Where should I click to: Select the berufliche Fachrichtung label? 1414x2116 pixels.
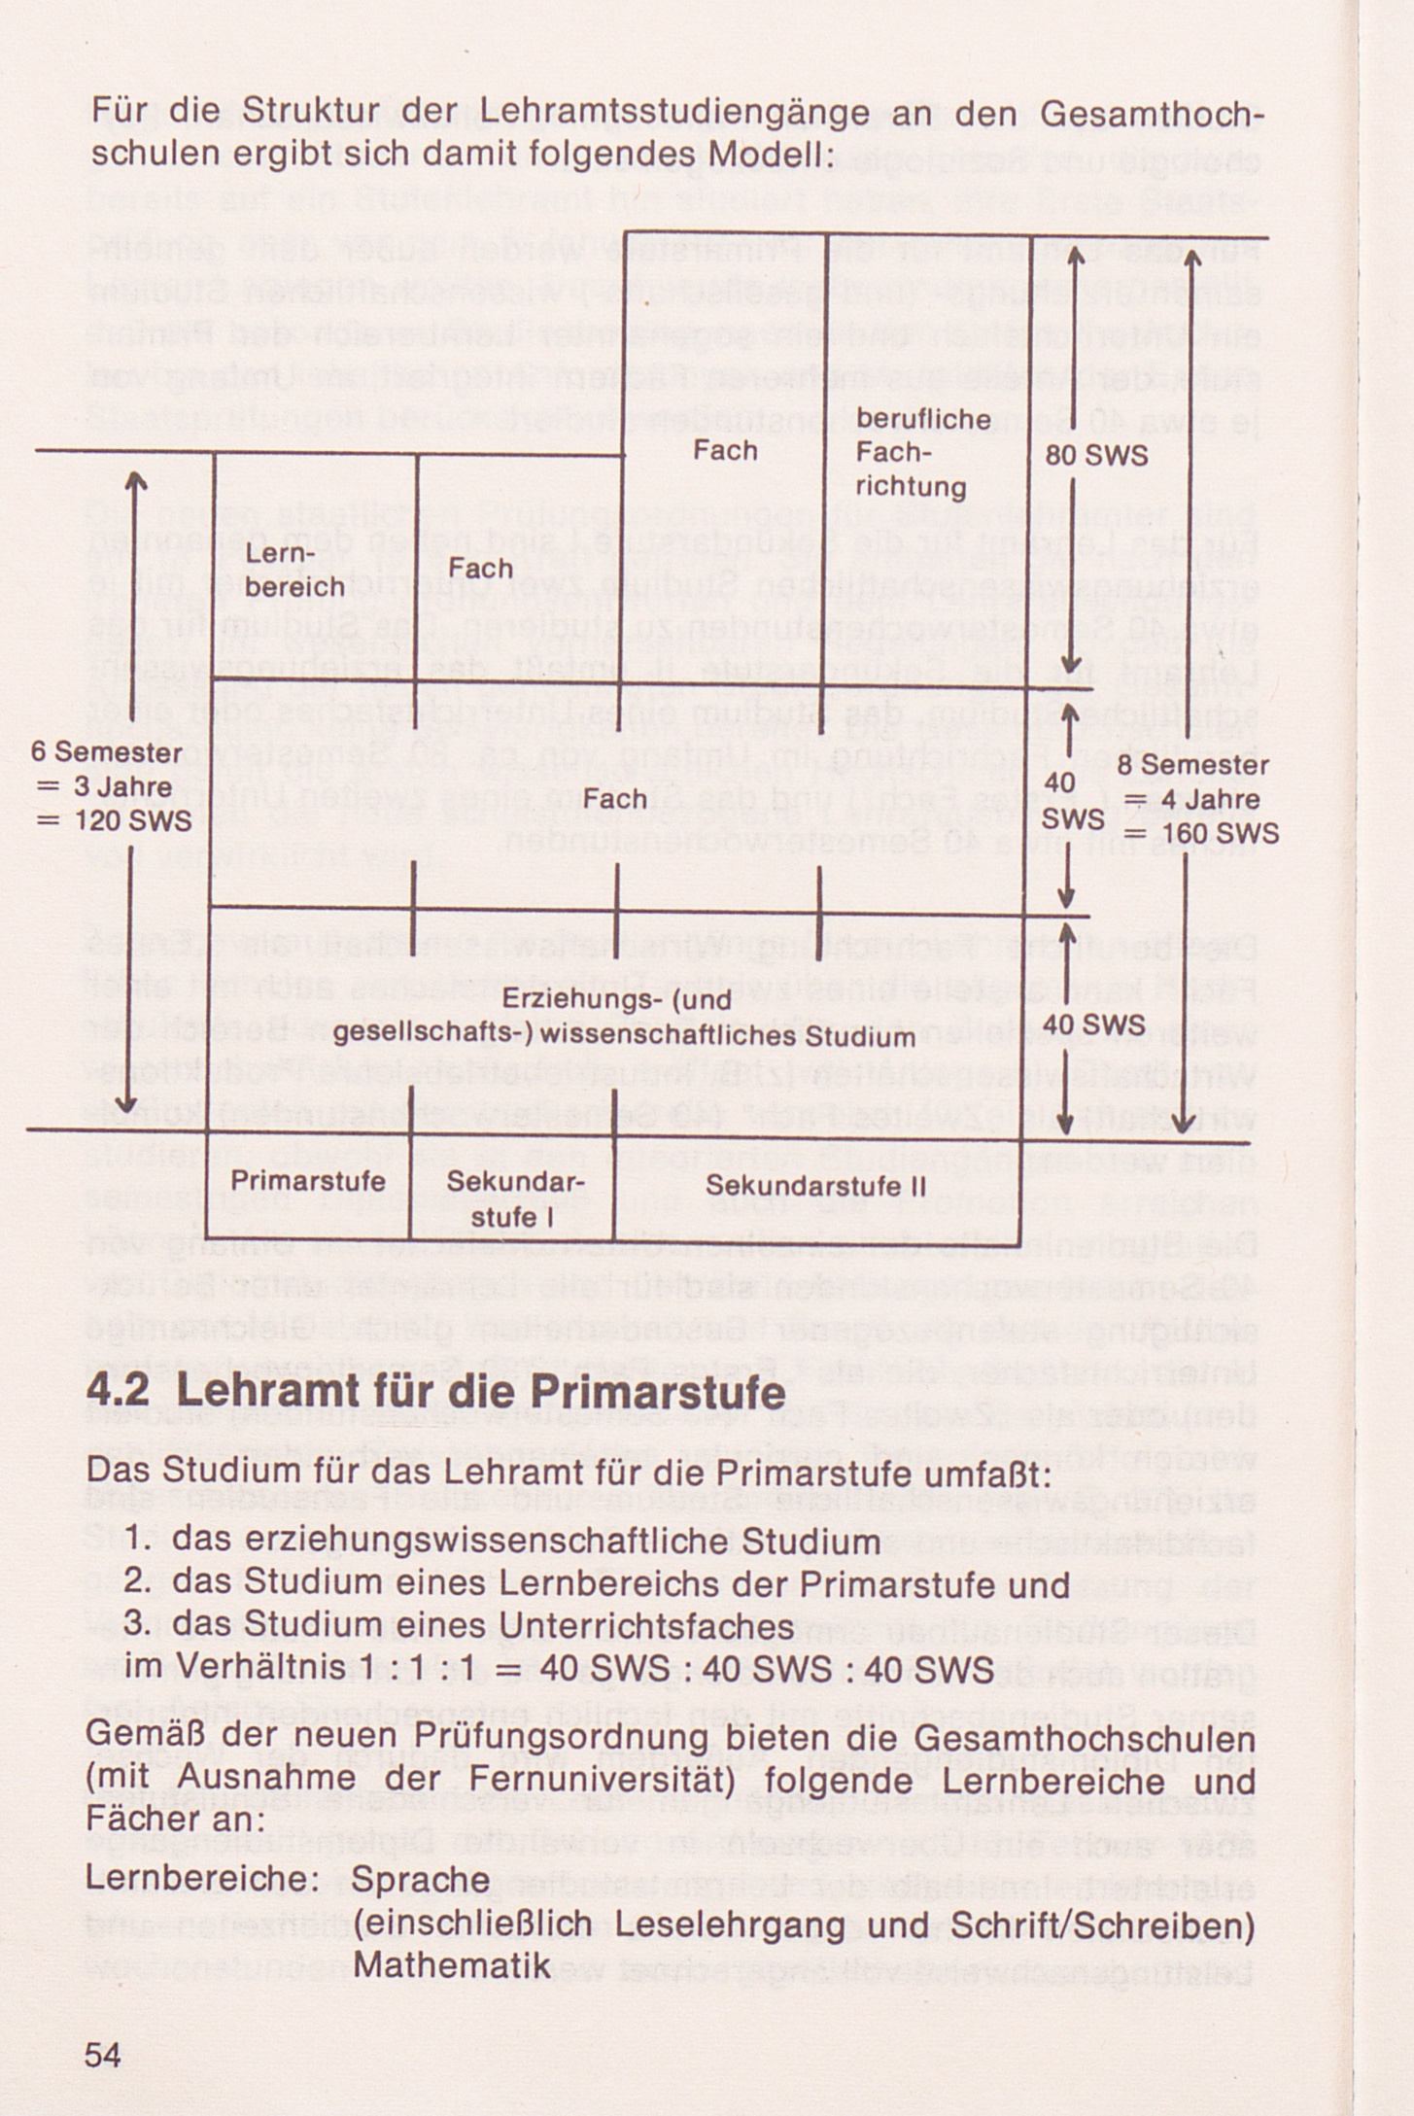pyautogui.click(x=911, y=452)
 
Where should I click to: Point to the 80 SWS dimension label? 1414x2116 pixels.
pyautogui.click(x=1097, y=456)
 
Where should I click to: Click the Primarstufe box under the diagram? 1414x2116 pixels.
pyautogui.click(x=308, y=1181)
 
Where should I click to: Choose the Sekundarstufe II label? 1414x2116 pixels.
pyautogui.click(x=814, y=1186)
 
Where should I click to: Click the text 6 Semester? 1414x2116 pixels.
pyautogui.click(x=107, y=753)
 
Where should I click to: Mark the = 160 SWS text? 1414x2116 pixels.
pyautogui.click(x=1202, y=835)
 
